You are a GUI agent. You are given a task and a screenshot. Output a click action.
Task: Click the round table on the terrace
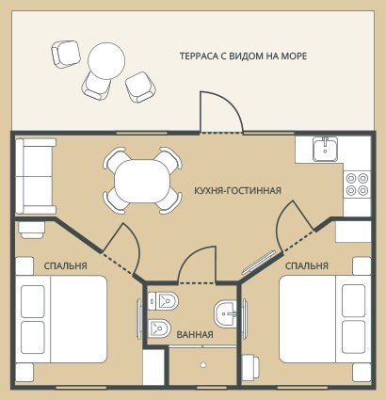[x=106, y=60]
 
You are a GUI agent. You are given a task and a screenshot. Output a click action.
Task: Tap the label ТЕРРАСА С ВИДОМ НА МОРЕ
[x=243, y=56]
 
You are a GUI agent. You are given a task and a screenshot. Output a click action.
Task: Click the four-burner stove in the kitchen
[x=357, y=184]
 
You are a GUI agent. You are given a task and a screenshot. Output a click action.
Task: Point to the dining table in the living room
[x=143, y=181]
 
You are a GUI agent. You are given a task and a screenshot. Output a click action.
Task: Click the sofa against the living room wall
[x=36, y=176]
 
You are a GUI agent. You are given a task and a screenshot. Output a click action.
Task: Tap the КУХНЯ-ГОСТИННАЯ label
[x=237, y=190]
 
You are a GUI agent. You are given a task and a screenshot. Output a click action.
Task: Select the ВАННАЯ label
[x=195, y=334]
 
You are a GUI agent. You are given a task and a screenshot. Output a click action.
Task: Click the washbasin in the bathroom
[x=225, y=313]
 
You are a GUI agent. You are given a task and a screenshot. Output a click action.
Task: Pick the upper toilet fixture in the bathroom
[x=163, y=301]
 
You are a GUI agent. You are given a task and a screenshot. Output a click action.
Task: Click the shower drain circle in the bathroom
[x=203, y=365]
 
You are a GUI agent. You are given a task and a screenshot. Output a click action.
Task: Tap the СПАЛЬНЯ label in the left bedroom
[x=65, y=266]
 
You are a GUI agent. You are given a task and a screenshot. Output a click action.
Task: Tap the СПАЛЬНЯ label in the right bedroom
[x=307, y=266]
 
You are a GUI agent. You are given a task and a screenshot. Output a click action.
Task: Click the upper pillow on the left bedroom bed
[x=33, y=301]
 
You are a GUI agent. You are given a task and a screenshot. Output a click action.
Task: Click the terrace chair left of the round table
[x=66, y=54]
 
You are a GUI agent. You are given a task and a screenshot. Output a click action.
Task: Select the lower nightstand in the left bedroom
[x=24, y=373]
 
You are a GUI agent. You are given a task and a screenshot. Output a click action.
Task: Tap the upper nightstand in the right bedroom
[x=362, y=266]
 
